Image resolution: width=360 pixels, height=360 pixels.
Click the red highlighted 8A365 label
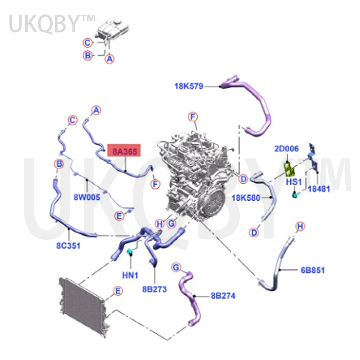pyautogui.click(x=124, y=151)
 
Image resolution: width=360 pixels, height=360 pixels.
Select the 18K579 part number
pyautogui.click(x=189, y=86)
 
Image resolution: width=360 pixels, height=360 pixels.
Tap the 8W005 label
pyautogui.click(x=87, y=197)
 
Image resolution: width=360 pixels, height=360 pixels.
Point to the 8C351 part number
pyautogui.click(x=68, y=246)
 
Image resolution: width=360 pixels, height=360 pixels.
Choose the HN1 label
pyautogui.click(x=130, y=275)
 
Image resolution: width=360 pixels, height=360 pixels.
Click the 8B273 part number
pyautogui.click(x=154, y=289)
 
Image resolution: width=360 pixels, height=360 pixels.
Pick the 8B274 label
pyautogui.click(x=223, y=296)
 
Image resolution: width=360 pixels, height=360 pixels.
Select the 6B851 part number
pyautogui.click(x=313, y=270)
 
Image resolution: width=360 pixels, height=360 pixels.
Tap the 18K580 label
pyautogui.click(x=246, y=198)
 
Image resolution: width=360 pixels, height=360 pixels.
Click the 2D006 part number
pyautogui.click(x=287, y=149)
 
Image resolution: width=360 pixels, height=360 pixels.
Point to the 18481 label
pyautogui.click(x=319, y=189)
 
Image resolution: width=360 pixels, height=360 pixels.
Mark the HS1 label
pyautogui.click(x=294, y=182)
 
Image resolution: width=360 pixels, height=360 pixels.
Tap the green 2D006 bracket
pyautogui.click(x=288, y=168)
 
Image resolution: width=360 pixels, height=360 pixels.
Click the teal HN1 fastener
pyautogui.click(x=130, y=252)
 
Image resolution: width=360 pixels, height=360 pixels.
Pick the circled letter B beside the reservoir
pyautogui.click(x=88, y=55)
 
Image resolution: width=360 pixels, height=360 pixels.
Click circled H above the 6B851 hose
pyautogui.click(x=300, y=226)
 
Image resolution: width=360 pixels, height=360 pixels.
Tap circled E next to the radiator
pyautogui.click(x=118, y=291)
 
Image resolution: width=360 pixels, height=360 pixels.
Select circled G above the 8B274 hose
pyautogui.click(x=176, y=267)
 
